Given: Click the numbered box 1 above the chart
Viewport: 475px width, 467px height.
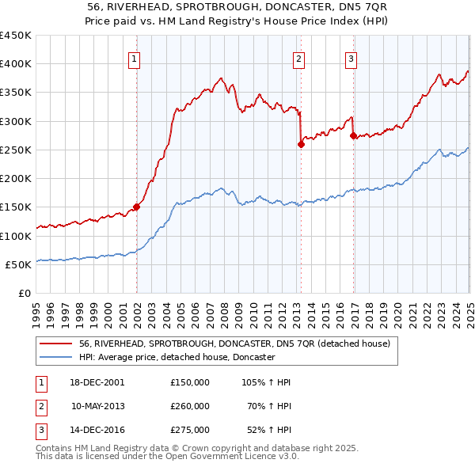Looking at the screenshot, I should click(x=135, y=58).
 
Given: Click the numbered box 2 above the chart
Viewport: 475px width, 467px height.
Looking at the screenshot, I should click(x=299, y=58).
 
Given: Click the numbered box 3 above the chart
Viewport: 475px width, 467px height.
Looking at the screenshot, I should click(x=351, y=58).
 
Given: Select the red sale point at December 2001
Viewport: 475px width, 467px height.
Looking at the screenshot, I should click(x=136, y=207).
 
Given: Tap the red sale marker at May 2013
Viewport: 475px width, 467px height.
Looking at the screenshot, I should click(x=301, y=144).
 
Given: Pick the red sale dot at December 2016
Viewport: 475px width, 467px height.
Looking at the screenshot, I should click(x=352, y=135).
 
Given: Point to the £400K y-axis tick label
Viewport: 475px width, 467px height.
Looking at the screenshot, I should click(x=15, y=64).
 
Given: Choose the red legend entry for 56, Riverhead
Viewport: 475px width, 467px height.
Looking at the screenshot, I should click(x=234, y=344).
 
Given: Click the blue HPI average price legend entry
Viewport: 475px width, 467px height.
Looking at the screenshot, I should click(x=176, y=358).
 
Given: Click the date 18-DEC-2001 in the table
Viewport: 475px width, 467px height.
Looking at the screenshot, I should click(x=97, y=382).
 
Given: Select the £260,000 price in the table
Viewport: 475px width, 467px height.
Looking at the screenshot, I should click(x=190, y=406).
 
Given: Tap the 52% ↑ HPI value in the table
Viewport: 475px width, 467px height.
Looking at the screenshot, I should click(x=268, y=431).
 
